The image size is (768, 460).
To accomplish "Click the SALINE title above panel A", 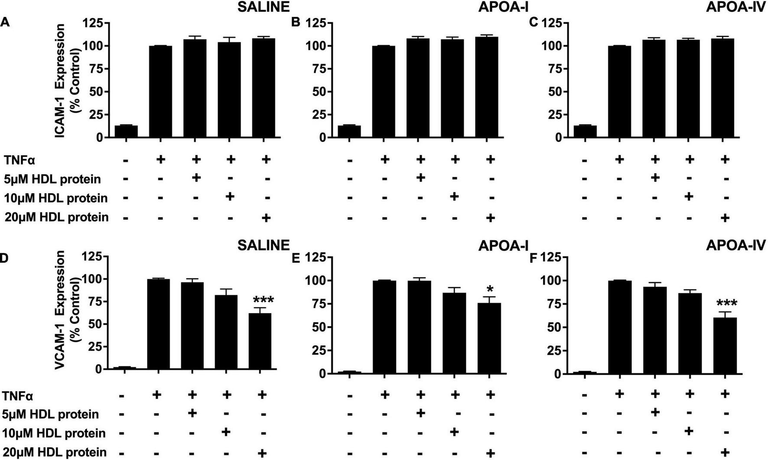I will pyautogui.click(x=264, y=7).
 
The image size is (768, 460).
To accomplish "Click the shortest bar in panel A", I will pyautogui.click(x=126, y=131).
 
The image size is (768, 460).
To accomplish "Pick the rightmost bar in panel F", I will pyautogui.click(x=725, y=346).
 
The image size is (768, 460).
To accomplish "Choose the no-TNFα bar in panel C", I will pyautogui.click(x=585, y=131).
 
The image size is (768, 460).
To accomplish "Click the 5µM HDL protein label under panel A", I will pyautogui.click(x=52, y=179).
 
